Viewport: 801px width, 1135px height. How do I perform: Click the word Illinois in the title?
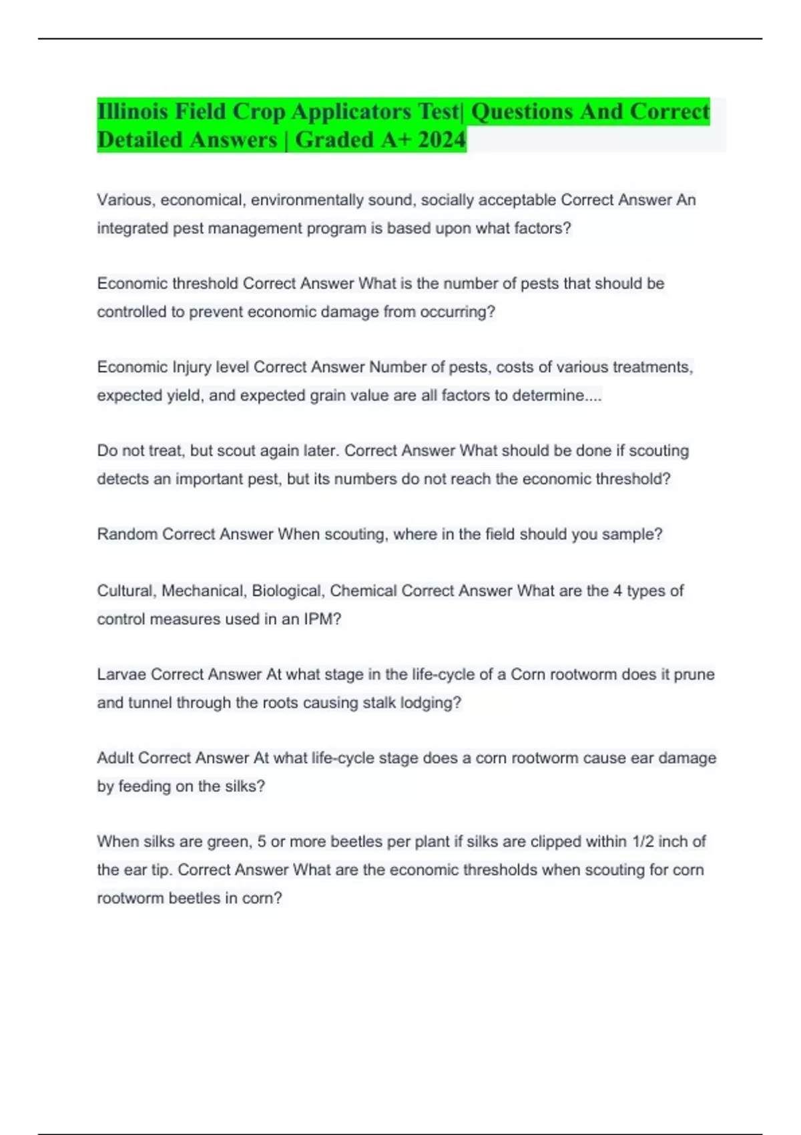point(132,111)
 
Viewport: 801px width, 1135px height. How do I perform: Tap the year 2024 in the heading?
point(441,140)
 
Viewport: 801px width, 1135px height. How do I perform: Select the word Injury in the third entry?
point(192,367)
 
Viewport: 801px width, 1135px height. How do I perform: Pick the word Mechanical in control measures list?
point(203,591)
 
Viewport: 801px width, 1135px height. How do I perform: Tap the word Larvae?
point(121,674)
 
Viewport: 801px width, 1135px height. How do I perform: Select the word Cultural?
point(126,591)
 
